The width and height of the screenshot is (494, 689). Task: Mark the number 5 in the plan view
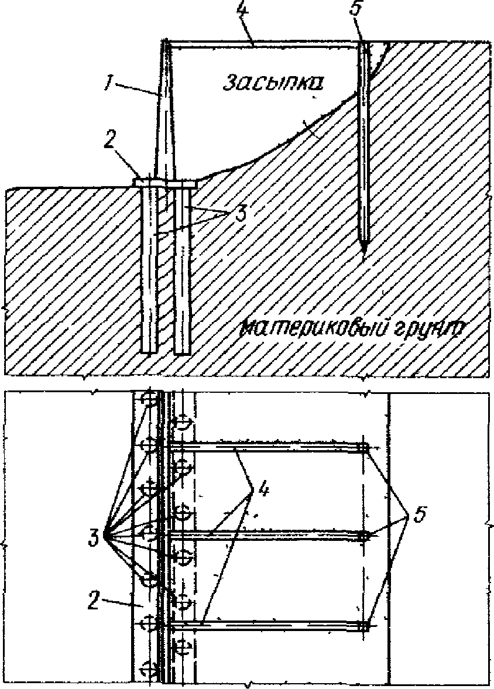coord(418,515)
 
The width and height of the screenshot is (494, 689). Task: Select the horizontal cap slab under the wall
coord(167,183)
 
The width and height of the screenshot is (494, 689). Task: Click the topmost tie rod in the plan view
coord(263,448)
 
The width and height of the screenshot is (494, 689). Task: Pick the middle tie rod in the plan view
coord(263,535)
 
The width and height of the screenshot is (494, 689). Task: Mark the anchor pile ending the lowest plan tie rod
coord(363,626)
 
